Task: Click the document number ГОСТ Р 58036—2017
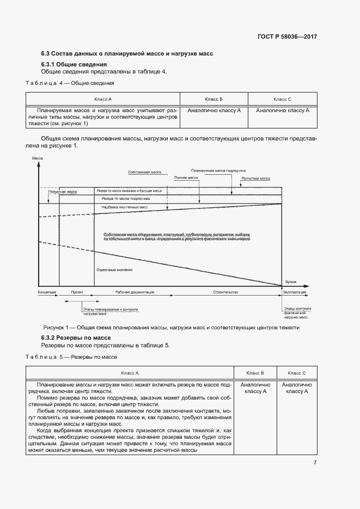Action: pos(287,37)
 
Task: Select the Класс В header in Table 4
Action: pos(213,99)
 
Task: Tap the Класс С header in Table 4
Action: pos(282,99)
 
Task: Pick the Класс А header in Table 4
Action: pos(102,99)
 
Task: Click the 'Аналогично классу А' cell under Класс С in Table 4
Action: pos(282,110)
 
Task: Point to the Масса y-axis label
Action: pos(38,158)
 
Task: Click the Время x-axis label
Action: pos(291,282)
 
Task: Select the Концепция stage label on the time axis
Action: pos(47,292)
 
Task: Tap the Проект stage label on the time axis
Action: pos(77,292)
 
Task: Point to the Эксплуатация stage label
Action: pos(294,292)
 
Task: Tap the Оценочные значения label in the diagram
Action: pos(114,270)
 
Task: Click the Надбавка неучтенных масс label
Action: pos(125,207)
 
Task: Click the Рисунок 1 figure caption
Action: pos(171,328)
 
